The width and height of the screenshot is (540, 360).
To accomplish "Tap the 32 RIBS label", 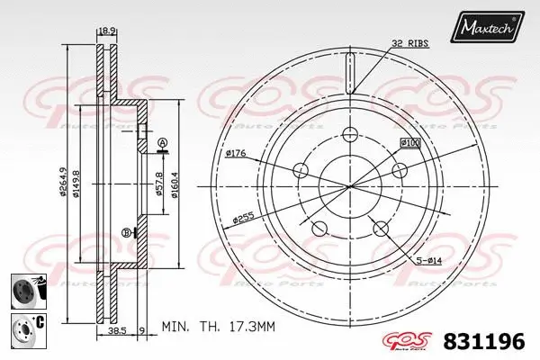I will (x=409, y=42).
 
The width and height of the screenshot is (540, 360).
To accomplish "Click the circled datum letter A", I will (x=162, y=144).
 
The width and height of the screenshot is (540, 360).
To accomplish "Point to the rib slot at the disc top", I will (x=351, y=69).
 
